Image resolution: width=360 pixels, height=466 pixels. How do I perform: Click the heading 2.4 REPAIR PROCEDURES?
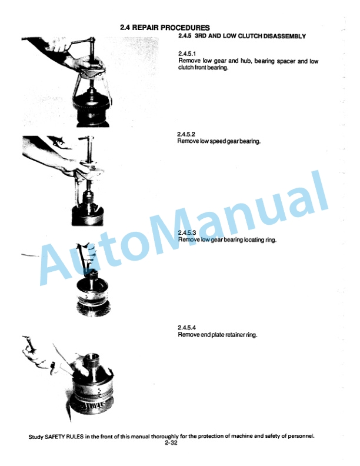[x=165, y=27]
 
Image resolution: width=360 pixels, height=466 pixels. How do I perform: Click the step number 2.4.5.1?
[x=187, y=54]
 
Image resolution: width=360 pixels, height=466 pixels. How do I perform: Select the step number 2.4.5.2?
[x=187, y=135]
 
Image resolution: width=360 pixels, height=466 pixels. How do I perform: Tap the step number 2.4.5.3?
[x=187, y=234]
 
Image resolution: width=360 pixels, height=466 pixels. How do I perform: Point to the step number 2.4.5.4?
[x=187, y=327]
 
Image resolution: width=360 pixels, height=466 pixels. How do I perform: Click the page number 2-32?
[x=171, y=444]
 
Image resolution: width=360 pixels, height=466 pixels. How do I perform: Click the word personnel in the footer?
[x=299, y=437]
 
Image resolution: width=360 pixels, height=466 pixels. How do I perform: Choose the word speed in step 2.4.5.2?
[x=217, y=142]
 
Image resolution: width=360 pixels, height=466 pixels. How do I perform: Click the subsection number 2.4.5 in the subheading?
[x=185, y=36]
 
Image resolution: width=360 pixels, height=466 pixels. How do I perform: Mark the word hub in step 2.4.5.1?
[x=231, y=61]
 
